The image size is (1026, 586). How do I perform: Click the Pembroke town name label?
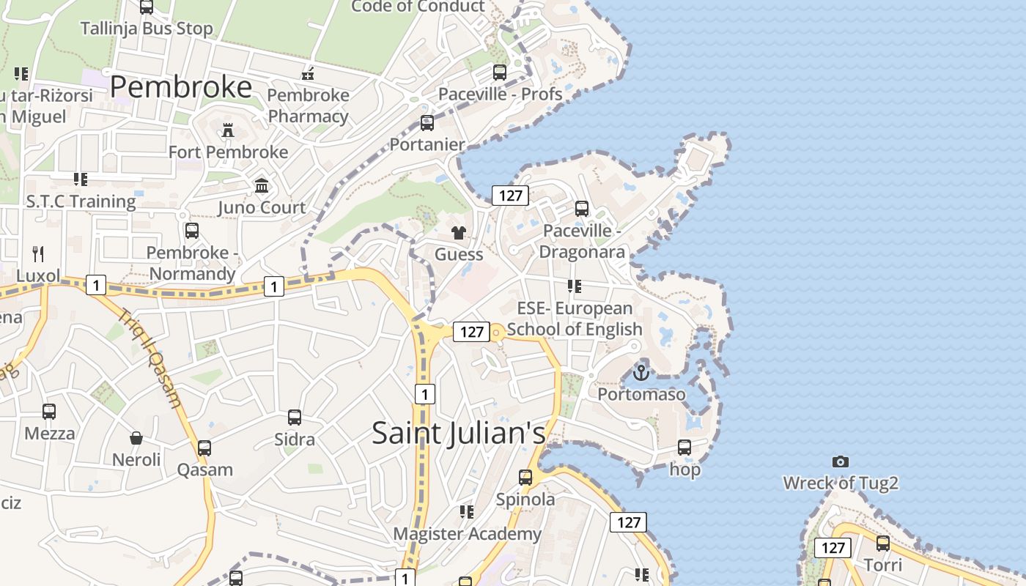pos(181,87)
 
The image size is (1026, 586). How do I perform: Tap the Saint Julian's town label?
pos(459,432)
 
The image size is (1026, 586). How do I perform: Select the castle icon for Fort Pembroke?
pos(228,130)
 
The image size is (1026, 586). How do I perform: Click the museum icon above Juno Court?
pos(262,186)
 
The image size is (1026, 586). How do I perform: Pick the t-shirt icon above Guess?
pos(459,234)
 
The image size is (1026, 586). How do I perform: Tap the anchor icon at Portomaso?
pos(641,373)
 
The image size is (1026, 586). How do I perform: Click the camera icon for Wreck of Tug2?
pos(841,461)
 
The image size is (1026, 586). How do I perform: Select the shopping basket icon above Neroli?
pos(136,439)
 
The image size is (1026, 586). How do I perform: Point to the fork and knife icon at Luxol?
pos(38,254)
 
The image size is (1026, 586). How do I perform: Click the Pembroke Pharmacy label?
pos(308,105)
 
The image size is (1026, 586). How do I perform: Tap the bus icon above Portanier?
pos(427,123)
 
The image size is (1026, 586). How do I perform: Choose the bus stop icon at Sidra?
pos(294,418)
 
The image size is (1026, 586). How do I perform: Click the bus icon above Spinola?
pos(525,478)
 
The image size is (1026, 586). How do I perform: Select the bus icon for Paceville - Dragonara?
pos(582,209)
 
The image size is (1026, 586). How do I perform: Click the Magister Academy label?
pos(467,533)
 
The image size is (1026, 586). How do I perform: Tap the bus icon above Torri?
pos(883,544)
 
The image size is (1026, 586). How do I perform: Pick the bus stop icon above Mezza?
pos(49,412)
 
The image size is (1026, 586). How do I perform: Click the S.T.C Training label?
pos(81,201)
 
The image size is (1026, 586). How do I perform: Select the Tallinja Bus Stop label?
pos(147,29)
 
